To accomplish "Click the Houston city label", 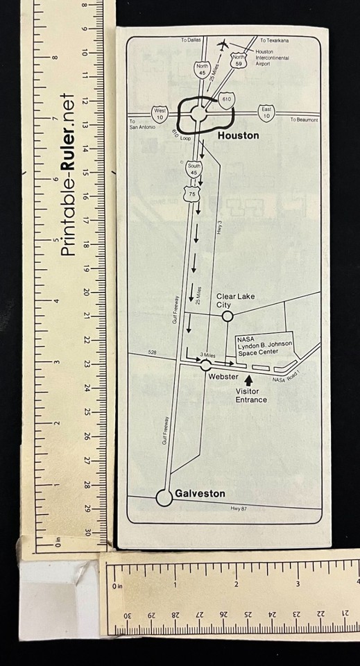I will point(238,135).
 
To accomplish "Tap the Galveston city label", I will point(200,493).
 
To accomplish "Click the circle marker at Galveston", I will point(164,497).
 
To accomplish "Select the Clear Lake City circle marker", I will point(226,316).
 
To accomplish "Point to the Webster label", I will point(223,377).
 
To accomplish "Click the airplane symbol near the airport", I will point(223,46).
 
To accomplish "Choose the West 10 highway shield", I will point(160,114).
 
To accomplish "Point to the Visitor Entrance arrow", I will point(249,377).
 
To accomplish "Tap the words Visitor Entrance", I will point(250,395).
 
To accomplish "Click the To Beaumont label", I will point(304,120).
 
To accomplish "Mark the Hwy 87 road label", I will point(238,509).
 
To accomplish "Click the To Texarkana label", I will point(274,40).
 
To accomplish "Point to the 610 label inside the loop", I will point(226,100).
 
